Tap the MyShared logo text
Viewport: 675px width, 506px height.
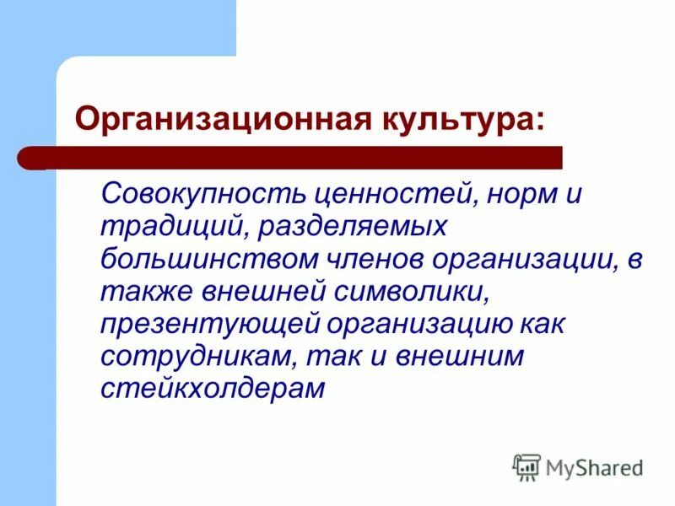coord(594,466)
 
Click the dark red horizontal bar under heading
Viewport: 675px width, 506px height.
coord(295,157)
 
